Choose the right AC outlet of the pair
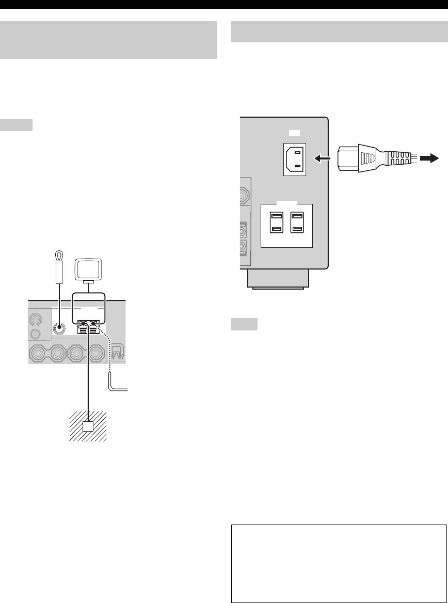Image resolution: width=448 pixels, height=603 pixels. click(x=297, y=223)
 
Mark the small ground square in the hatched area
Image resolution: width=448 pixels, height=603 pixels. click(x=88, y=426)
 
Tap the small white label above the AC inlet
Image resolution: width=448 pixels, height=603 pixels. click(x=292, y=132)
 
